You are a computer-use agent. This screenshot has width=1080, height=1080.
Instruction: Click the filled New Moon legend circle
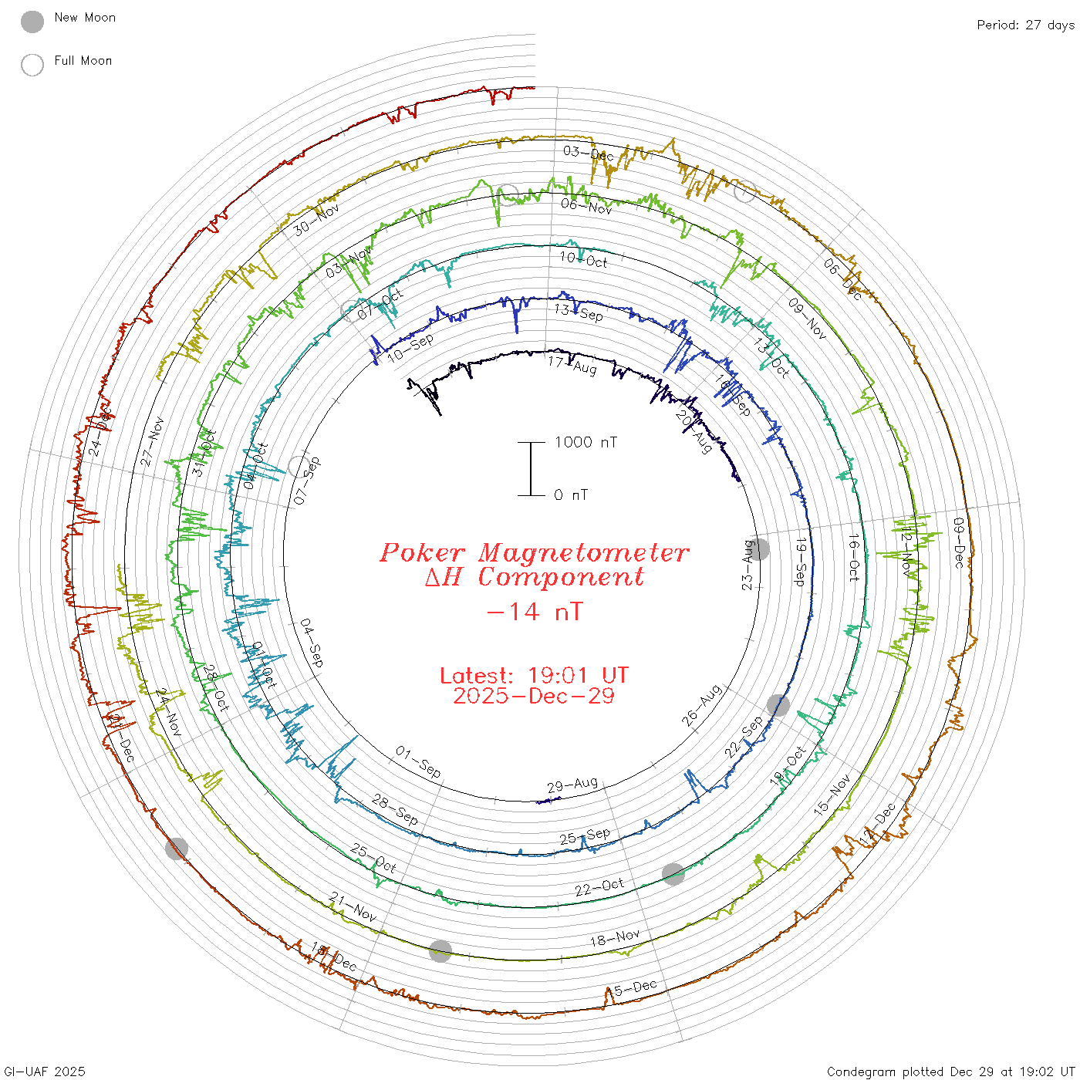32,22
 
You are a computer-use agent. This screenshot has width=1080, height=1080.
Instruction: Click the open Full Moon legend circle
32,66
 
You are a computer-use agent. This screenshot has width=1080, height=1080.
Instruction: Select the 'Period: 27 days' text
1025,25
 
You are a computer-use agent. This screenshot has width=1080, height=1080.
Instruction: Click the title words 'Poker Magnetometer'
534,553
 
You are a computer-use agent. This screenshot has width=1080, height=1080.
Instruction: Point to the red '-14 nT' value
534,612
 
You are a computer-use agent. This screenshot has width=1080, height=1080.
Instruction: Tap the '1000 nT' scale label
586,442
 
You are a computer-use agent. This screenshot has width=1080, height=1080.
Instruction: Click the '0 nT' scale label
571,495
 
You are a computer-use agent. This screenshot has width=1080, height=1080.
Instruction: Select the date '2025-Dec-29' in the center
534,697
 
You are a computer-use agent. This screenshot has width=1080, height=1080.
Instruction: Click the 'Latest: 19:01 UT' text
534,676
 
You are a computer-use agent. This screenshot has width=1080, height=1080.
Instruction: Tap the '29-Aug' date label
572,785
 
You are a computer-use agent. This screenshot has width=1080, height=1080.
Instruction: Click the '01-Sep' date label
418,761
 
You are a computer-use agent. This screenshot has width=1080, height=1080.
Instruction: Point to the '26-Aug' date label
701,705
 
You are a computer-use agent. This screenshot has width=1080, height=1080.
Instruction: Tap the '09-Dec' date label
958,543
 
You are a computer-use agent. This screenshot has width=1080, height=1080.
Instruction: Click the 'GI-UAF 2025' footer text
44,1072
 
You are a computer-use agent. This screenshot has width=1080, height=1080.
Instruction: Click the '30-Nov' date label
316,220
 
